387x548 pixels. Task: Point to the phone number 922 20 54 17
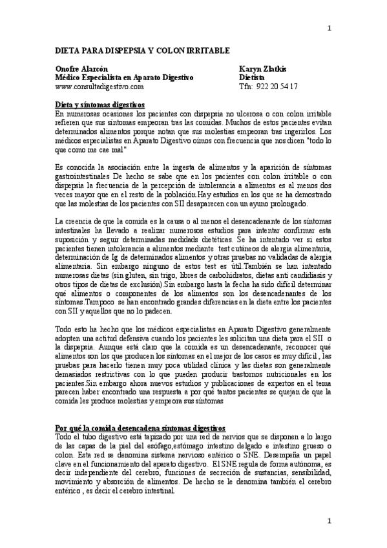(278, 86)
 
